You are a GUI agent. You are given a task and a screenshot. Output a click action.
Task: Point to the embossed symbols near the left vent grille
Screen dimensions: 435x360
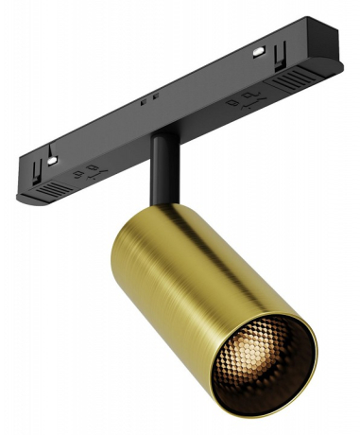point(92,171)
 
